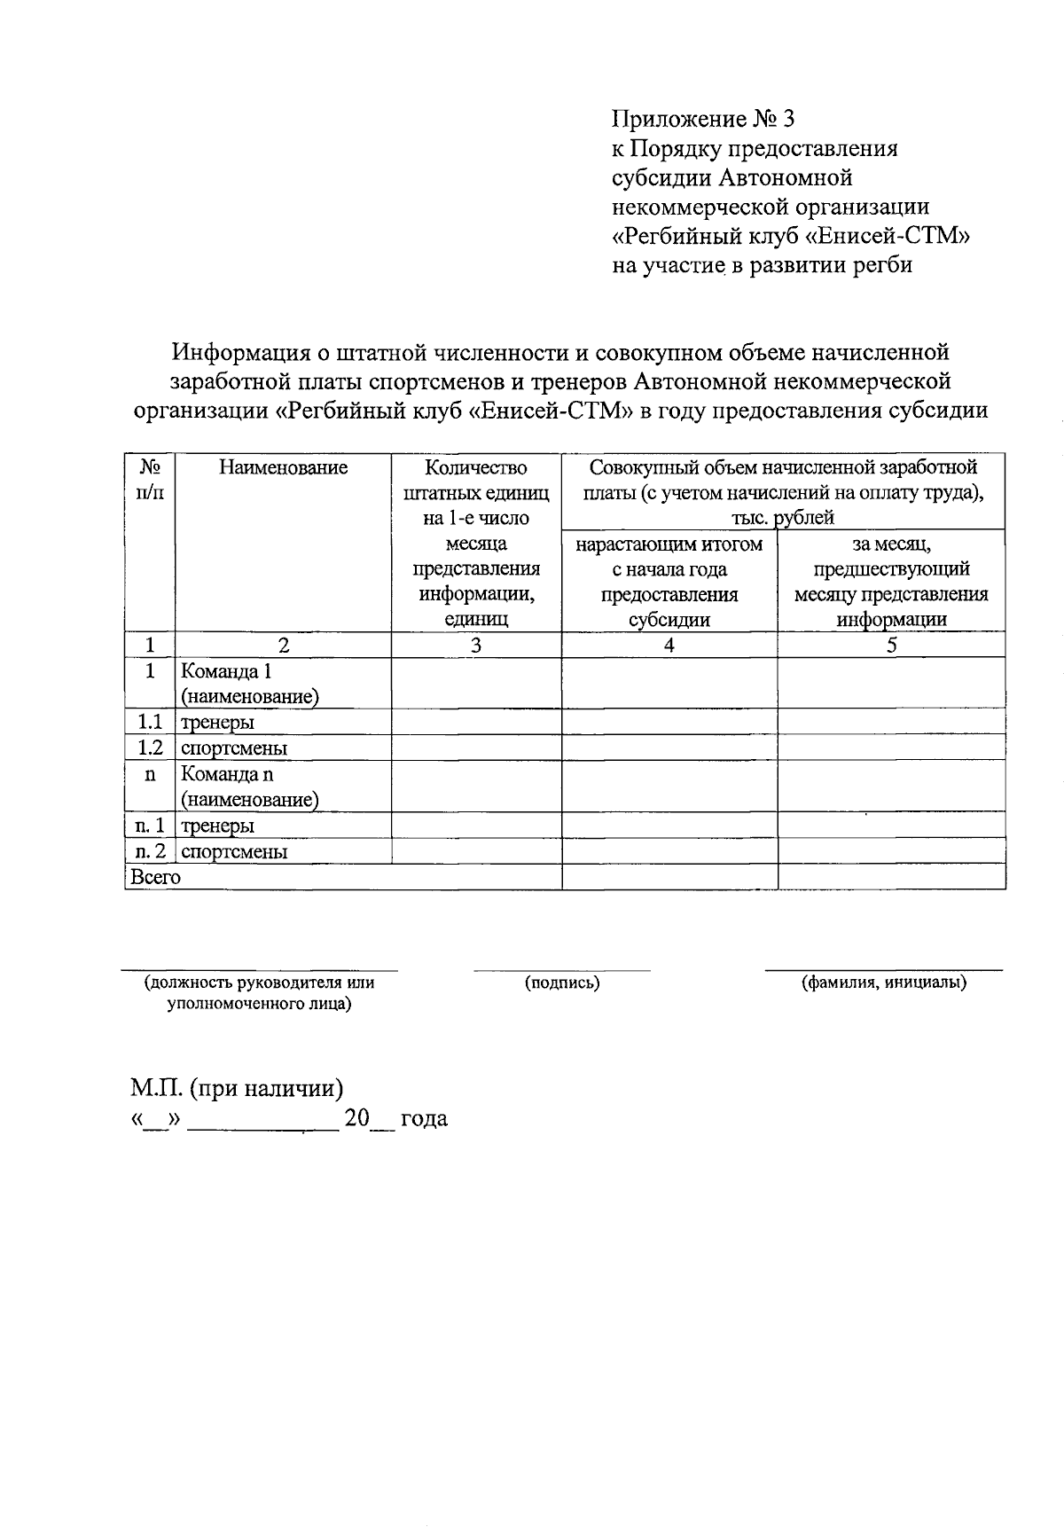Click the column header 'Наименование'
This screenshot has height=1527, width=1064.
283,467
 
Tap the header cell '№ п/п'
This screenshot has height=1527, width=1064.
150,479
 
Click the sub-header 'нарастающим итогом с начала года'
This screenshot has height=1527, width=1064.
669,557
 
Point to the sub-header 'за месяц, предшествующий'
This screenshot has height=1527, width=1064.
891,557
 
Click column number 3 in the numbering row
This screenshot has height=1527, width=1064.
476,646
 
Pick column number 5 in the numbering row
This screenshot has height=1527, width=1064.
891,646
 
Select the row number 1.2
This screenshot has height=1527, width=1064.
150,748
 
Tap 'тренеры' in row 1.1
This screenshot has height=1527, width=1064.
218,723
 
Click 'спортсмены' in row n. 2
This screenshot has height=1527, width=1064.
234,852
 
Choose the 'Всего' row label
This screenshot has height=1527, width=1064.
155,878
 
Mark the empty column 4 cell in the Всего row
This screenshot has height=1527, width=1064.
669,878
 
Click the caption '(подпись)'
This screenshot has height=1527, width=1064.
562,983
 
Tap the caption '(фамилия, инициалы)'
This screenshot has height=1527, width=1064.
883,983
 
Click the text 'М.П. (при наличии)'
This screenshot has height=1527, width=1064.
237,1088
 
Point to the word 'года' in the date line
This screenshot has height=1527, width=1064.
424,1119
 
